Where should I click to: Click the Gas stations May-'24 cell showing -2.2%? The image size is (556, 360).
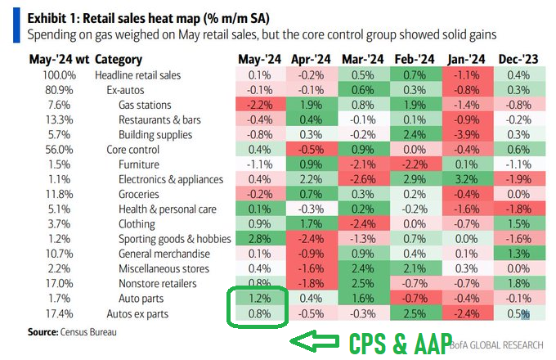pos(260,105)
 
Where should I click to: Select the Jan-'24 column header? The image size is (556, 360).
pos(466,59)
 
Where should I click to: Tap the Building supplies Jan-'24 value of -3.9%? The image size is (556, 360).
pos(467,135)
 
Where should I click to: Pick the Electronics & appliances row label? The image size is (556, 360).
pos(171,179)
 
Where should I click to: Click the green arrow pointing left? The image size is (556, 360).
pos(314,341)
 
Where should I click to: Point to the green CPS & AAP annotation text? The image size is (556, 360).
pos(401,344)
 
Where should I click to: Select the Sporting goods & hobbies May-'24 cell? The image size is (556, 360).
pos(260,239)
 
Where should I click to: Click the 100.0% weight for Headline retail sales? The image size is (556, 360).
pos(59,75)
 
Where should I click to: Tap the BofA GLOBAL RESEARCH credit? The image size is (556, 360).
pos(496,345)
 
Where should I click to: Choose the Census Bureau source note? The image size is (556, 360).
pos(72,332)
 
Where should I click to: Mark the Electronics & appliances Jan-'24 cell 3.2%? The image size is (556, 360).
pos(467,179)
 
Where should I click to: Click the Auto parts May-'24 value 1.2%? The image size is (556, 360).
pos(260,299)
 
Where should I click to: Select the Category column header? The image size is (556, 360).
pos(119,60)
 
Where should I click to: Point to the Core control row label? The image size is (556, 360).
pos(133,150)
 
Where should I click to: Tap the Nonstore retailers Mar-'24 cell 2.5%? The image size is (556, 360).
pos(363,283)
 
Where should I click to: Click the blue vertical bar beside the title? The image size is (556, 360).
pos(16,25)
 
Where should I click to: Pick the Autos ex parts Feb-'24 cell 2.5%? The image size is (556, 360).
pos(415,314)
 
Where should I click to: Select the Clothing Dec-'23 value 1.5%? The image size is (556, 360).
pos(518,224)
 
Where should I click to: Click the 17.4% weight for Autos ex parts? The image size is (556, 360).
pos(59,314)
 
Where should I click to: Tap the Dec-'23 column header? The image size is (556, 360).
pos(518,59)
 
